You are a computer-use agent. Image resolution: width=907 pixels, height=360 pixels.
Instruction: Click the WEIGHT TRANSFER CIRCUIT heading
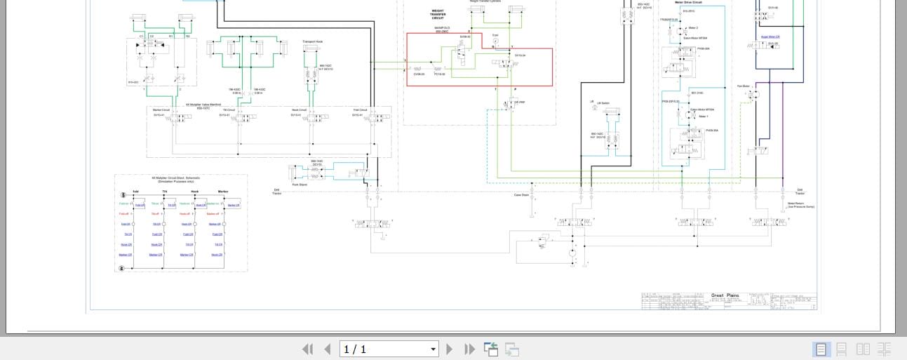[438, 14]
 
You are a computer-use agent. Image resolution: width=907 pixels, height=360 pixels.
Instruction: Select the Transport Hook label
[313, 41]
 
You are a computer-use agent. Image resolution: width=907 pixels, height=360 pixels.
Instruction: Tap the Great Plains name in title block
[725, 295]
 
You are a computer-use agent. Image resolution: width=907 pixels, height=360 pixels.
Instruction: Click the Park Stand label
[300, 185]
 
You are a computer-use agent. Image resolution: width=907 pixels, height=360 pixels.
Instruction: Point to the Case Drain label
[521, 195]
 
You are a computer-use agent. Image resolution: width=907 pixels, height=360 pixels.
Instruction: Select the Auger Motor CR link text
[770, 36]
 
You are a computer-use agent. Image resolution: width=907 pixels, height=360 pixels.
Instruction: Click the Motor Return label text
[795, 204]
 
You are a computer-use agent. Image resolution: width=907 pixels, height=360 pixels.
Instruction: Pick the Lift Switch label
[603, 103]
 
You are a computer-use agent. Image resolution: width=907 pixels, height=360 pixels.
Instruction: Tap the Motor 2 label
[693, 28]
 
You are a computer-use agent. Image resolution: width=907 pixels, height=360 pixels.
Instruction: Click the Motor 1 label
[704, 116]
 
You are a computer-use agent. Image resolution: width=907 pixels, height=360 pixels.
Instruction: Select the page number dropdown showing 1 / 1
[389, 349]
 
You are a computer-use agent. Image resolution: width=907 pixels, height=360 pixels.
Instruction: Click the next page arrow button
[450, 349]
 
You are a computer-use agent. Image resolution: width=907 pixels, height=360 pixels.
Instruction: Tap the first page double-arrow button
[307, 349]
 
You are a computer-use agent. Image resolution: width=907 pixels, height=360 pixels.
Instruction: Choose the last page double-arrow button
[469, 349]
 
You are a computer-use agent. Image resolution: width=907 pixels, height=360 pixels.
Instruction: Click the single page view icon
[820, 349]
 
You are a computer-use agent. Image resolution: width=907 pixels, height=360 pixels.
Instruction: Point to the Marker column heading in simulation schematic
[223, 191]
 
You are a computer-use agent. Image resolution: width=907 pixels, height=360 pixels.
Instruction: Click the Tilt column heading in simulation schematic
[165, 191]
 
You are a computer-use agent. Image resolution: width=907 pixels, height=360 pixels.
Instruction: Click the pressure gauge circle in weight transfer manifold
[495, 41]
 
